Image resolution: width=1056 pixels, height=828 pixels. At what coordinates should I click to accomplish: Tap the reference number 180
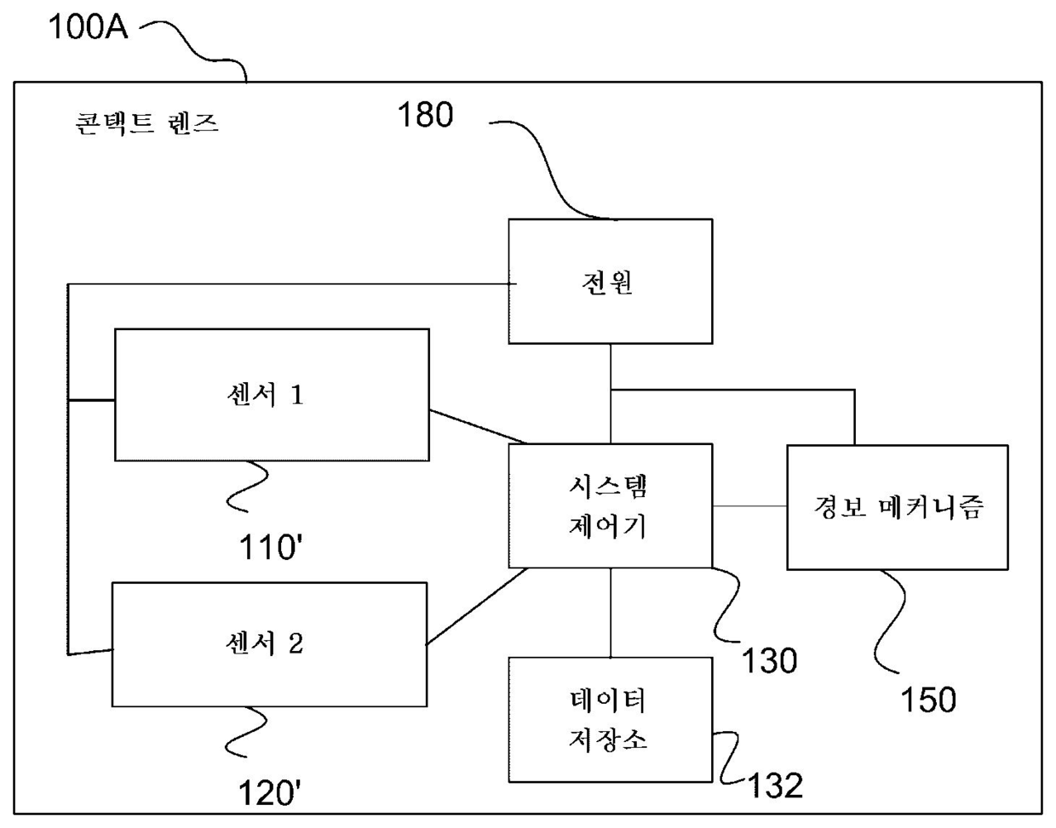click(426, 115)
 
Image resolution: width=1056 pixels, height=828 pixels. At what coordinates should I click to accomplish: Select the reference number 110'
click(271, 548)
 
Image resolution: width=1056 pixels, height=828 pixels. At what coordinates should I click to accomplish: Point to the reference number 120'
click(269, 793)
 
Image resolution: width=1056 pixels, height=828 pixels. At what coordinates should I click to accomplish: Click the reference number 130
click(769, 660)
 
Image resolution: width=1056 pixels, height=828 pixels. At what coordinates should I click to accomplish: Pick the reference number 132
click(775, 785)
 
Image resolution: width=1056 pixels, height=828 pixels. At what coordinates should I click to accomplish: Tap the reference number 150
click(928, 700)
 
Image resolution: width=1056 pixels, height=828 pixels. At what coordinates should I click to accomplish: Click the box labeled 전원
click(610, 282)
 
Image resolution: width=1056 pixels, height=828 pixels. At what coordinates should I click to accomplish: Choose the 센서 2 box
click(269, 644)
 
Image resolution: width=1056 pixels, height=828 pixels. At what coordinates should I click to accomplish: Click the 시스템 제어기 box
click(610, 505)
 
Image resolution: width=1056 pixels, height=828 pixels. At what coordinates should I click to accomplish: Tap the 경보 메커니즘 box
click(897, 507)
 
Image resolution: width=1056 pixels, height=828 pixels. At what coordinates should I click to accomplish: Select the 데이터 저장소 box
click(610, 720)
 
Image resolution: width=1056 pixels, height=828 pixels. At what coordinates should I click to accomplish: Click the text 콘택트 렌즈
click(147, 124)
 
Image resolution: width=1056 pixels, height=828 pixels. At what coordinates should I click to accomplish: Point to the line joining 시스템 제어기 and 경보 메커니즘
click(749, 506)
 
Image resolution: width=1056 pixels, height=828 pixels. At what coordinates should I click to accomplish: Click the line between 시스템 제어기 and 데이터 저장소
click(611, 613)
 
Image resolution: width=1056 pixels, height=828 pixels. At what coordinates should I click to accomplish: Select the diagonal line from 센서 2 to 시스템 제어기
click(477, 607)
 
